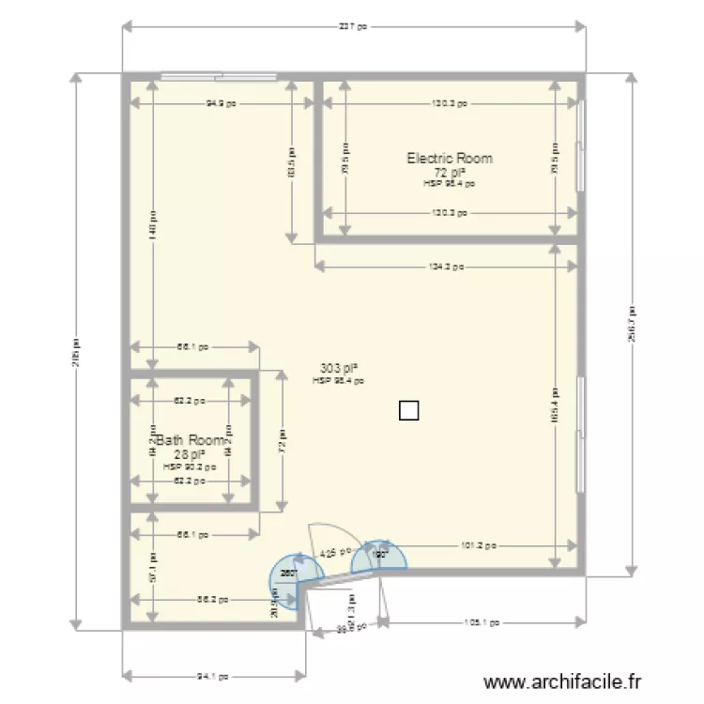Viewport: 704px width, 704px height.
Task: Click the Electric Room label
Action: point(449,159)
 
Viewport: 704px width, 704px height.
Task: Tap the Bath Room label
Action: point(191,440)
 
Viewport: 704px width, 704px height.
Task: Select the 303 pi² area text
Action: point(340,369)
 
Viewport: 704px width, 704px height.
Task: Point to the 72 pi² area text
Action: point(449,173)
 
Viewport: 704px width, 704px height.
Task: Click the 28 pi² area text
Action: point(190,453)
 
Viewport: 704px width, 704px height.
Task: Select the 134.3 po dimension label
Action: point(446,267)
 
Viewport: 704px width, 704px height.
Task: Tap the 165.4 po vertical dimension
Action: point(556,406)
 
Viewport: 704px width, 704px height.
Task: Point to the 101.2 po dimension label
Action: point(478,544)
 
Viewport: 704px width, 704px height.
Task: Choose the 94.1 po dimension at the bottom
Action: point(213,675)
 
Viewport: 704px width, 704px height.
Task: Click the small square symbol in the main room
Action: point(408,410)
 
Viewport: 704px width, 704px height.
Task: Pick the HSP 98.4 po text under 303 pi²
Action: point(339,381)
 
